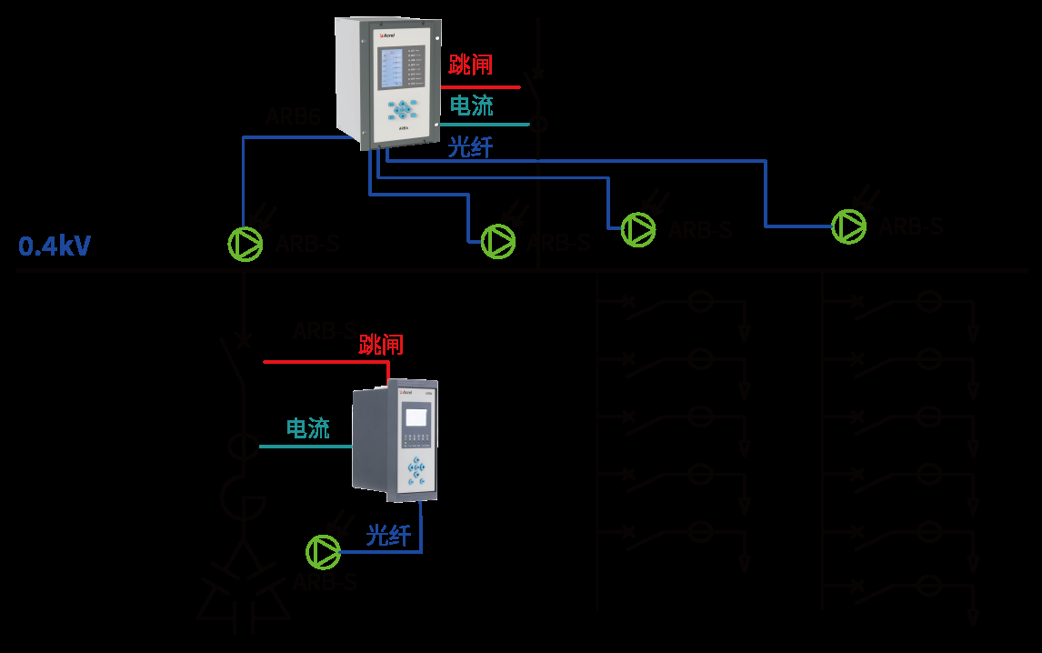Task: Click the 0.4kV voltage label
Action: tap(55, 246)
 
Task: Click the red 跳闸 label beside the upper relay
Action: tap(471, 65)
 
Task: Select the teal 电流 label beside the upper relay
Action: tap(472, 105)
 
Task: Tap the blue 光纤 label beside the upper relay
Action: tap(470, 146)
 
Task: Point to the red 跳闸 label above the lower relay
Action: tap(381, 345)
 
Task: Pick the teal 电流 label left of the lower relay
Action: tap(308, 428)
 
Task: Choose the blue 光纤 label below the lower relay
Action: tap(389, 536)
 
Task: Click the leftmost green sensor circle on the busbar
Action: tap(245, 243)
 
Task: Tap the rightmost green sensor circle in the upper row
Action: tap(849, 226)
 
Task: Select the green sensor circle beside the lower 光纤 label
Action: tap(323, 551)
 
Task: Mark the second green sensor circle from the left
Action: tap(497, 240)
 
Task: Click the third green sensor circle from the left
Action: tap(638, 229)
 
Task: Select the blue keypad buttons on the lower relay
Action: tap(417, 470)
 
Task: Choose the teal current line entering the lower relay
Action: tap(306, 447)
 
